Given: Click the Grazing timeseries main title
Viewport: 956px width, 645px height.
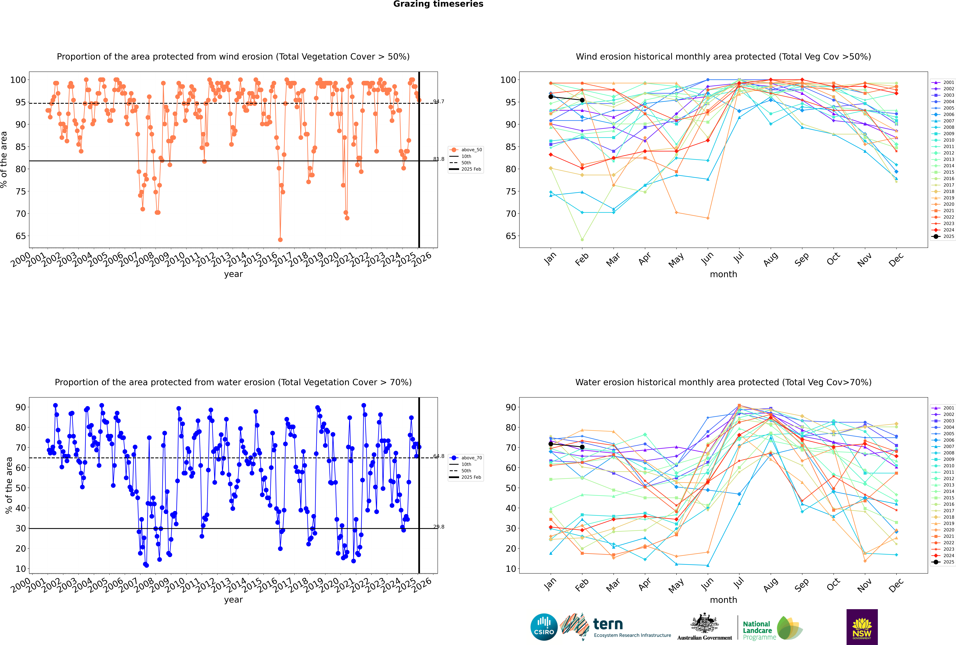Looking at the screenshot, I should (x=438, y=4).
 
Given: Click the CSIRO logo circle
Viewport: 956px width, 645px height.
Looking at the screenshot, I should (x=544, y=627).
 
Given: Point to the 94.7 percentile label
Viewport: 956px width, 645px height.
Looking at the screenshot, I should (x=439, y=102).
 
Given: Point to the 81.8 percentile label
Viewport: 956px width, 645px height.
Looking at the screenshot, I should (x=439, y=159).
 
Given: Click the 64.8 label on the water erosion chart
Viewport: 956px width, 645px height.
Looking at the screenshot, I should (x=439, y=456).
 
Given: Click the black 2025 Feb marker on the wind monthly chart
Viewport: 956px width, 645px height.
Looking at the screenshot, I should (x=582, y=100).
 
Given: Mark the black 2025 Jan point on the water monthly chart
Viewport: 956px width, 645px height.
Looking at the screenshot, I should (x=551, y=444).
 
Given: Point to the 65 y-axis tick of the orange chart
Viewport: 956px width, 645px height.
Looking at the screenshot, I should (x=21, y=236).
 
